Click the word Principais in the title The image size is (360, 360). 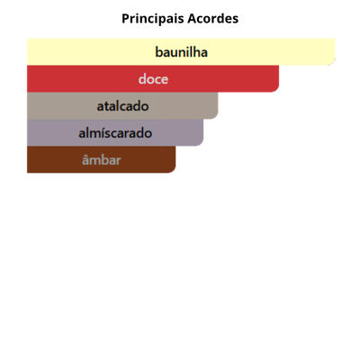[x=153, y=19]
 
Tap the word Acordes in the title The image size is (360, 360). [x=213, y=19]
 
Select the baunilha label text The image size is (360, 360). [x=181, y=52]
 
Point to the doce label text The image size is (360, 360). [x=153, y=79]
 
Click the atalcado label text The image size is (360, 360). [x=122, y=106]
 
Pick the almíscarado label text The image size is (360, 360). [x=115, y=133]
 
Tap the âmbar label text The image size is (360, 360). [x=102, y=159]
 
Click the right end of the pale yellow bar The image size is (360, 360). [x=335, y=52]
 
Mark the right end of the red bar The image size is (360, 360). [x=279, y=79]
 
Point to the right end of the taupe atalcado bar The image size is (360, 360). [x=218, y=106]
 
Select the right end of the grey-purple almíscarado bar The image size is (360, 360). [x=203, y=132]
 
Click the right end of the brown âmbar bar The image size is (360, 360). [x=175, y=159]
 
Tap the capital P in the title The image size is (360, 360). [x=125, y=19]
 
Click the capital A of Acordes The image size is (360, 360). [x=193, y=19]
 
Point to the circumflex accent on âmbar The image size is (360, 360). [x=85, y=155]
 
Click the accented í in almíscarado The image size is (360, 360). [x=104, y=133]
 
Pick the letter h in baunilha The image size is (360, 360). [x=196, y=52]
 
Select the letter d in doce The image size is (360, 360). [x=142, y=79]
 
